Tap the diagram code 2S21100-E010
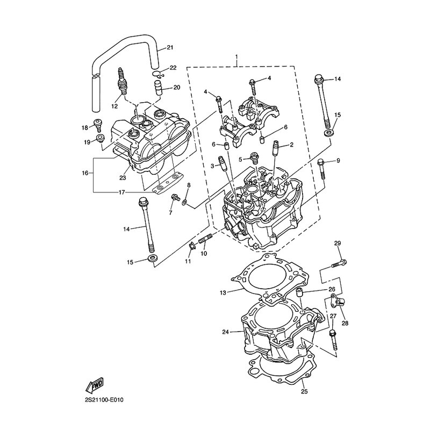click(104, 400)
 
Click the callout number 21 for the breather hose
click(170, 48)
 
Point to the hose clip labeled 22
click(158, 74)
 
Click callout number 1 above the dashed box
click(236, 57)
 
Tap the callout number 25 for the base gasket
click(304, 391)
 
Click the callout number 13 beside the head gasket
click(223, 293)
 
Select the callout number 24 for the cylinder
click(225, 332)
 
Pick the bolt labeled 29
click(339, 263)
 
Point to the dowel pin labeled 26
click(300, 293)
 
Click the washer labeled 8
click(184, 202)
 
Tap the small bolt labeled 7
click(174, 197)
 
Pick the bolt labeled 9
click(321, 169)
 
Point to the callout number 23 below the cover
click(123, 178)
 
